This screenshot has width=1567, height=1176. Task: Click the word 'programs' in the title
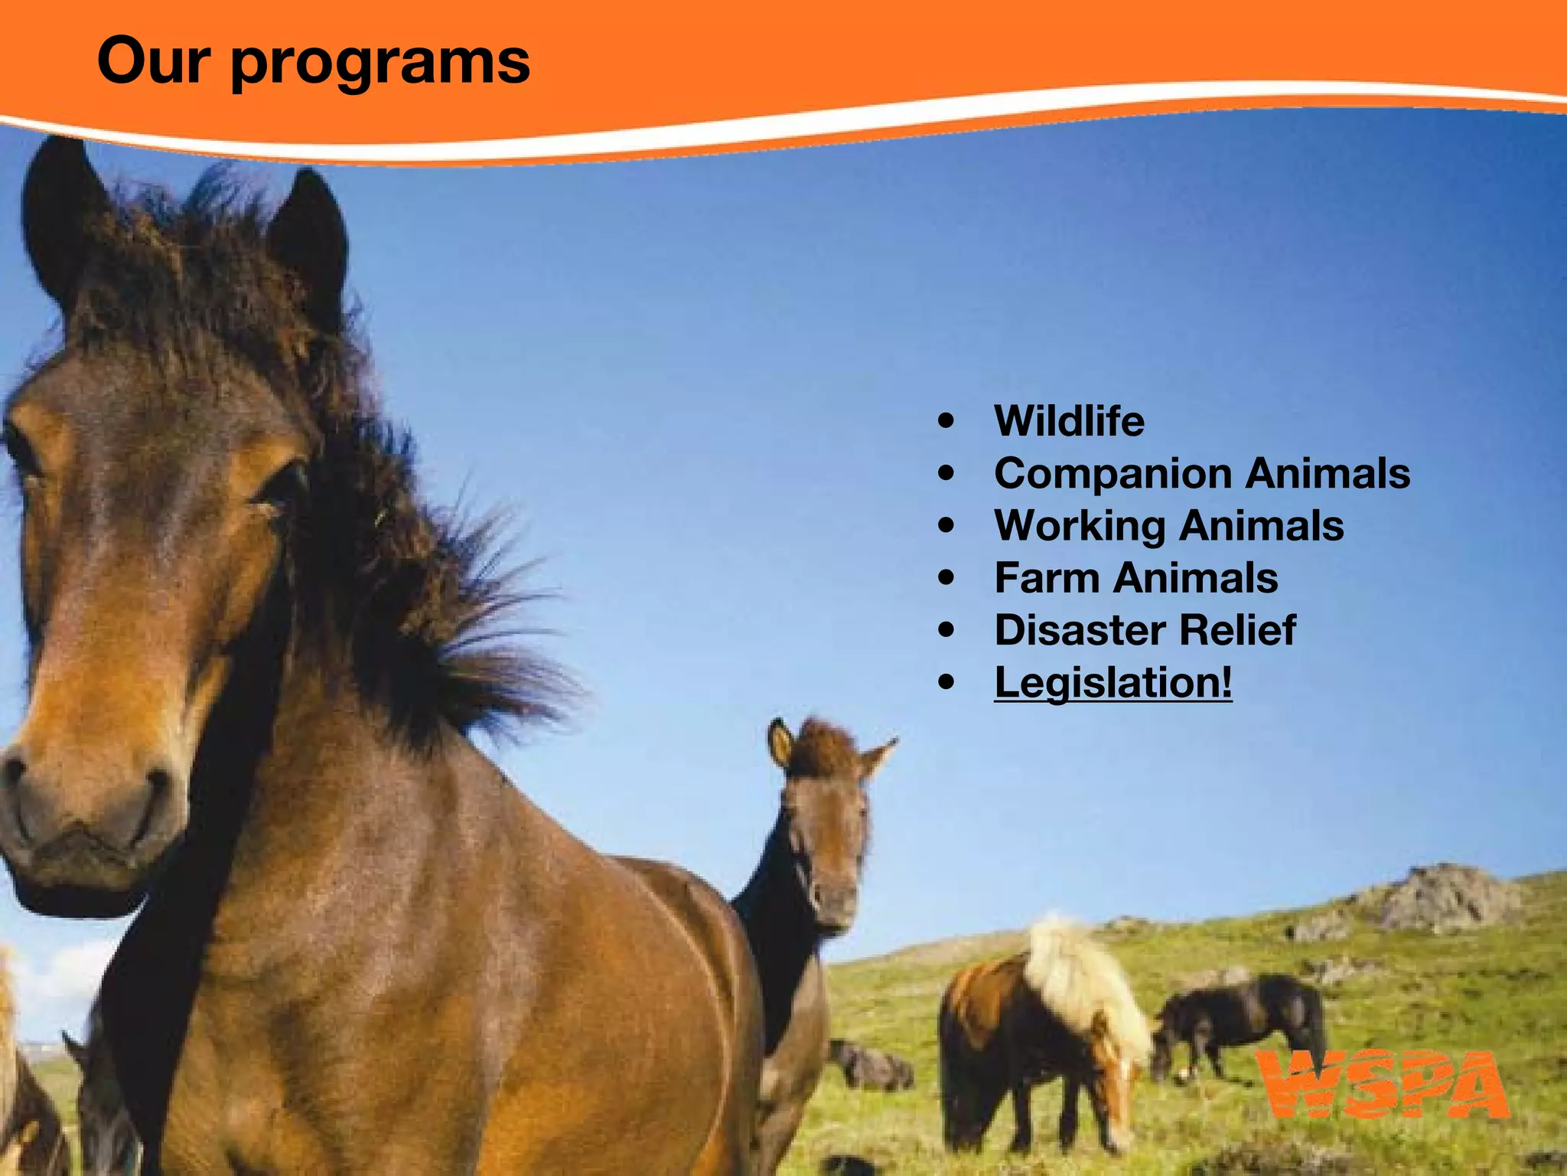pyautogui.click(x=380, y=63)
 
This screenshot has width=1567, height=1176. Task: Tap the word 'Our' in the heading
pyautogui.click(x=153, y=61)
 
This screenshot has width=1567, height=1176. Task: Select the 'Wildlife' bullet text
pyautogui.click(x=1069, y=421)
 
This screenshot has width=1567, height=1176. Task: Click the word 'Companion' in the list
pyautogui.click(x=1113, y=474)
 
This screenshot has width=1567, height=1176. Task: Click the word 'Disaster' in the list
pyautogui.click(x=1080, y=630)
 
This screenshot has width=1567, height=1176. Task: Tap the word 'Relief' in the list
pyautogui.click(x=1237, y=630)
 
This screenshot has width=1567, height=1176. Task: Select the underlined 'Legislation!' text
pyautogui.click(x=1113, y=682)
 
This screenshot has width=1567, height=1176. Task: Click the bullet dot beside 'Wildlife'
pyautogui.click(x=946, y=421)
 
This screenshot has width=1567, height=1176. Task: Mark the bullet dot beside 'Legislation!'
pyautogui.click(x=946, y=682)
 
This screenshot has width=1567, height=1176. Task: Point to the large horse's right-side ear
pyautogui.click(x=310, y=237)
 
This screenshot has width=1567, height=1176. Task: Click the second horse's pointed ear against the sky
pyautogui.click(x=880, y=754)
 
